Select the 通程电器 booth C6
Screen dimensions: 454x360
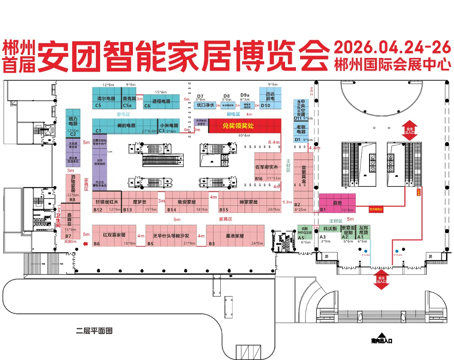tap(161, 101)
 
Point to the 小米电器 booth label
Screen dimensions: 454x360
tap(169, 125)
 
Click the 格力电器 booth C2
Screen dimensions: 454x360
tap(73, 121)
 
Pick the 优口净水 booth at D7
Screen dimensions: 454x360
tap(206, 105)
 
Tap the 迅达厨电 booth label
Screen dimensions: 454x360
tap(270, 96)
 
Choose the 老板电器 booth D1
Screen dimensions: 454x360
tap(301, 129)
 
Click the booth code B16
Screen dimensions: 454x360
tap(259, 179)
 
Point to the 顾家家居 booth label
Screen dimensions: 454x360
tap(248, 202)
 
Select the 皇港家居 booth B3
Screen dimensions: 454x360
tap(235, 236)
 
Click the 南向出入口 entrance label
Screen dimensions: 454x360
tap(381, 340)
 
